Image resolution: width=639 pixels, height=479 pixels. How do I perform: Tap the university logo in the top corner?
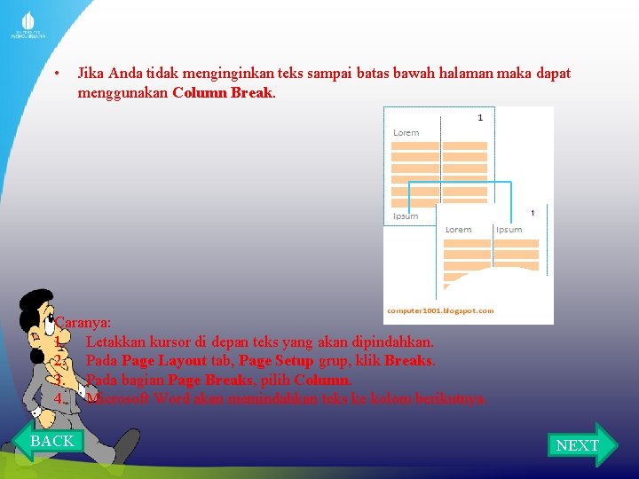tap(28, 26)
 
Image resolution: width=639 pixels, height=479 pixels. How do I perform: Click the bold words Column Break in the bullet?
tap(224, 91)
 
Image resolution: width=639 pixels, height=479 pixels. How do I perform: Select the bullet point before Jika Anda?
tap(56, 74)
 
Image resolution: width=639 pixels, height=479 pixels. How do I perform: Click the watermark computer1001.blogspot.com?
tap(441, 310)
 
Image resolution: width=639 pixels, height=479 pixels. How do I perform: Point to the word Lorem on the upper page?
tap(406, 133)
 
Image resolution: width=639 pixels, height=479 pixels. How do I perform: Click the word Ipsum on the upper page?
tap(406, 216)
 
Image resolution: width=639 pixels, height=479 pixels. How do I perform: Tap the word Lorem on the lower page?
tap(458, 230)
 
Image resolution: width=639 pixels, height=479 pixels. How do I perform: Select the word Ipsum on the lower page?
tap(509, 230)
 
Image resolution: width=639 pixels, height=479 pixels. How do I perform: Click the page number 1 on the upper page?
tap(480, 117)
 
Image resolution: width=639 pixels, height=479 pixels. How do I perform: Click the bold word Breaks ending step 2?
tap(409, 361)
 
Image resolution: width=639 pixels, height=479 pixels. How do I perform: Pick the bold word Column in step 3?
tap(322, 380)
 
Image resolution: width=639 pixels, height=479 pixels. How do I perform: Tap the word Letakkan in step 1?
tap(116, 342)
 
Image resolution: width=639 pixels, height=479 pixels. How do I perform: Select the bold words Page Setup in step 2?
tap(276, 361)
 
